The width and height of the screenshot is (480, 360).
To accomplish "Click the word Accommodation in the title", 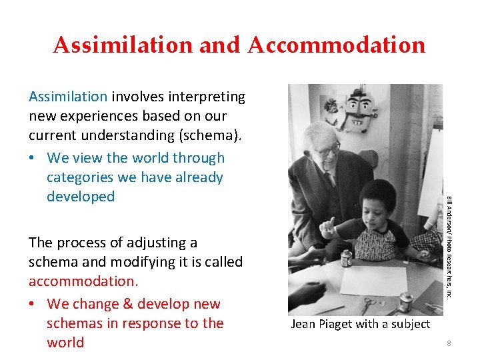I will [336, 45].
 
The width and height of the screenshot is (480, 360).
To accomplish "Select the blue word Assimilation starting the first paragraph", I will [68, 97].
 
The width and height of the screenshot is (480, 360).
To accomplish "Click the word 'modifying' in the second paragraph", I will [135, 262].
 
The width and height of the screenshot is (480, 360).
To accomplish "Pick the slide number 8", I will [449, 343].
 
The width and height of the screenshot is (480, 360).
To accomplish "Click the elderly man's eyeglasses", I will [328, 150].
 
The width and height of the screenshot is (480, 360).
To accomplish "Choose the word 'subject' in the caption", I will [410, 324].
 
